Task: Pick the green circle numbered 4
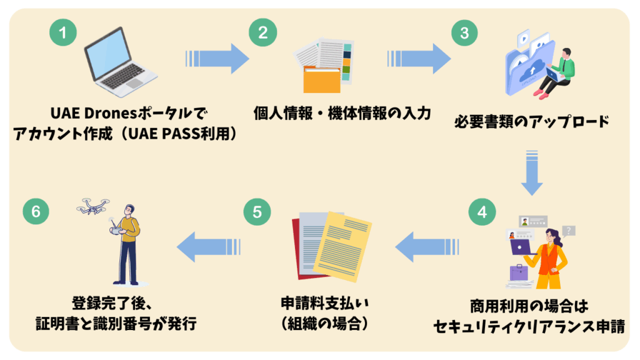point(481,212)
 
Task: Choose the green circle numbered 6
point(36,212)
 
